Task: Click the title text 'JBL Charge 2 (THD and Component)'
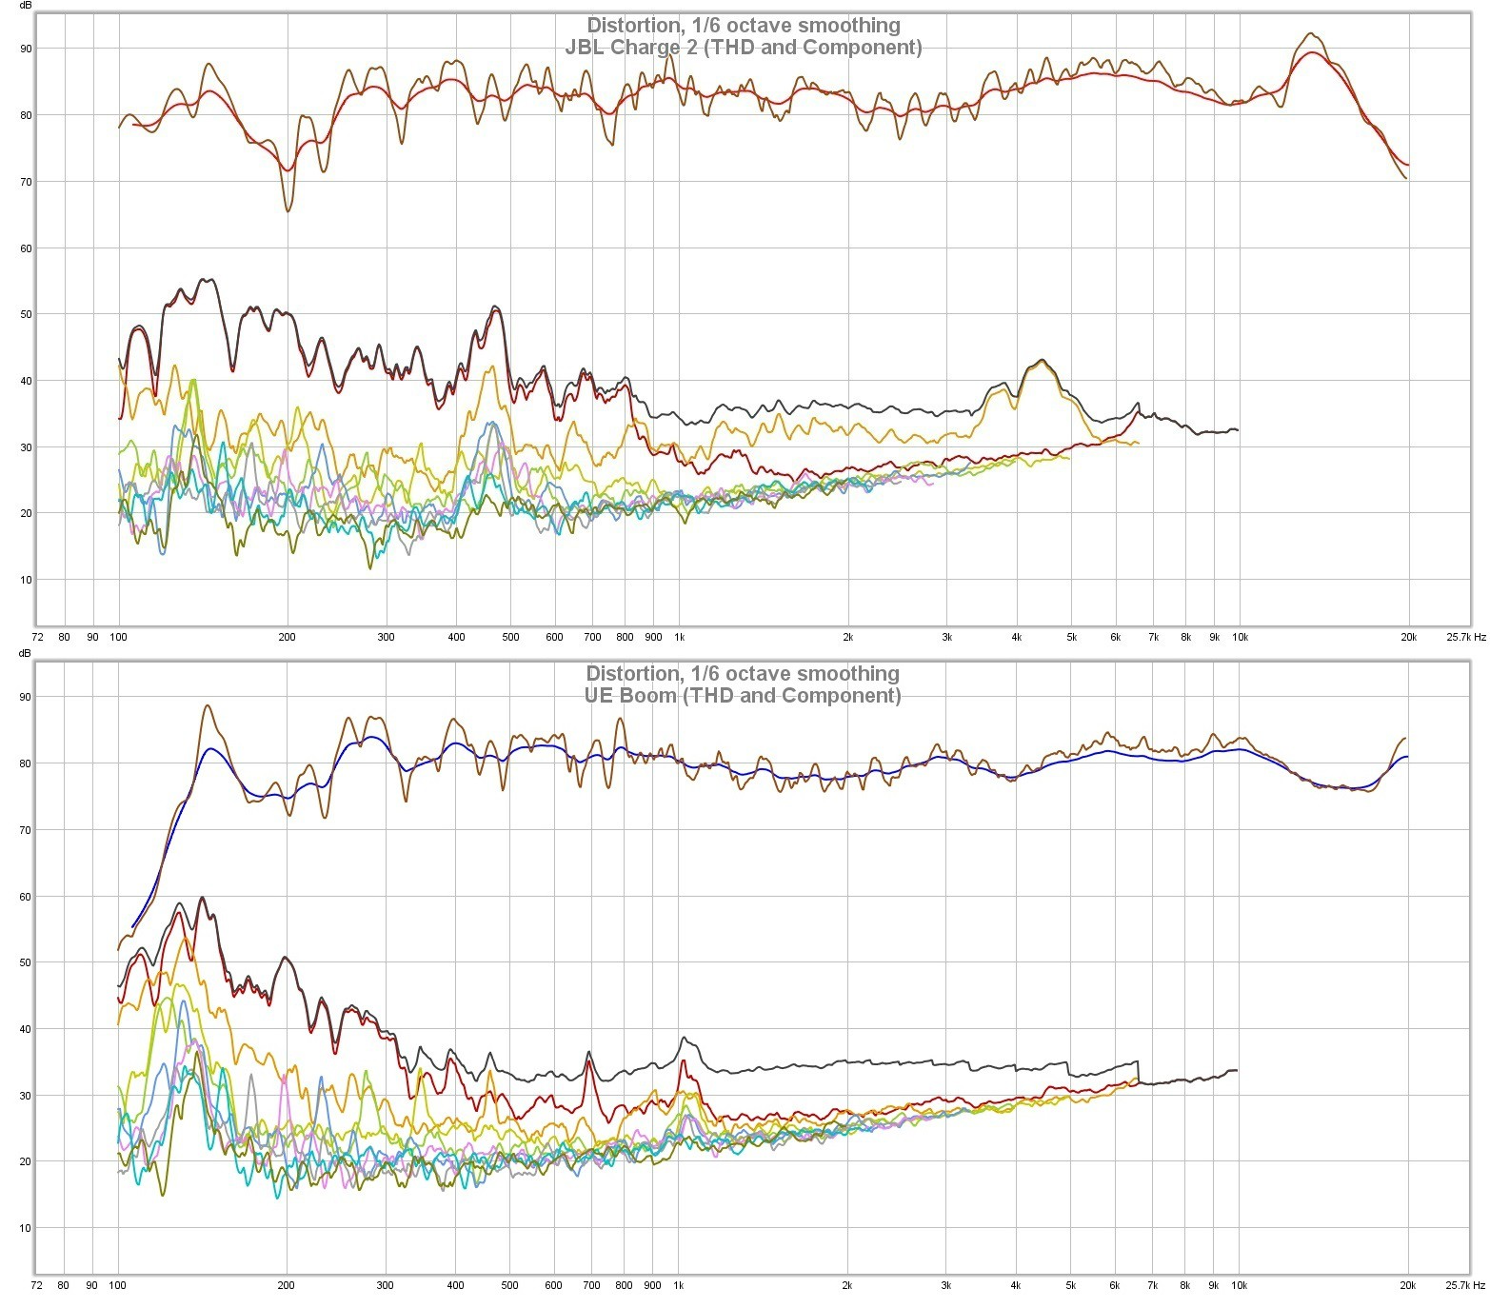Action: [744, 47]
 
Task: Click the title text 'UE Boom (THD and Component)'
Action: [743, 695]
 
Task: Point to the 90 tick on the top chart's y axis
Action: [25, 49]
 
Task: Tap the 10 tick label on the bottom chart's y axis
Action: [25, 1228]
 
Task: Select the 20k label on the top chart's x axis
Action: [1408, 637]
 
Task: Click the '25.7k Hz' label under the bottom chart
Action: [1465, 1285]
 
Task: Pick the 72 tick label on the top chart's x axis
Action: [37, 637]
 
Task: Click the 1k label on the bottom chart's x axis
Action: [678, 1285]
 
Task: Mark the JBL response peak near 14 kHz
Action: [1312, 33]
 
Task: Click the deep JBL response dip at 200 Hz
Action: [288, 209]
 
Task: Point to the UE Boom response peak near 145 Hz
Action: [208, 706]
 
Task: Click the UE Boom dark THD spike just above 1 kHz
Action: [682, 1039]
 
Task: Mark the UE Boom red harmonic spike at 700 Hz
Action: [589, 1061]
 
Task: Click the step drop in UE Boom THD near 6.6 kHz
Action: [1139, 1073]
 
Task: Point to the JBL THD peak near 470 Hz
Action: [494, 307]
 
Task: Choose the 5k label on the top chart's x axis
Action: [1071, 637]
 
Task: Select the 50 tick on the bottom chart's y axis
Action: [25, 962]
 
